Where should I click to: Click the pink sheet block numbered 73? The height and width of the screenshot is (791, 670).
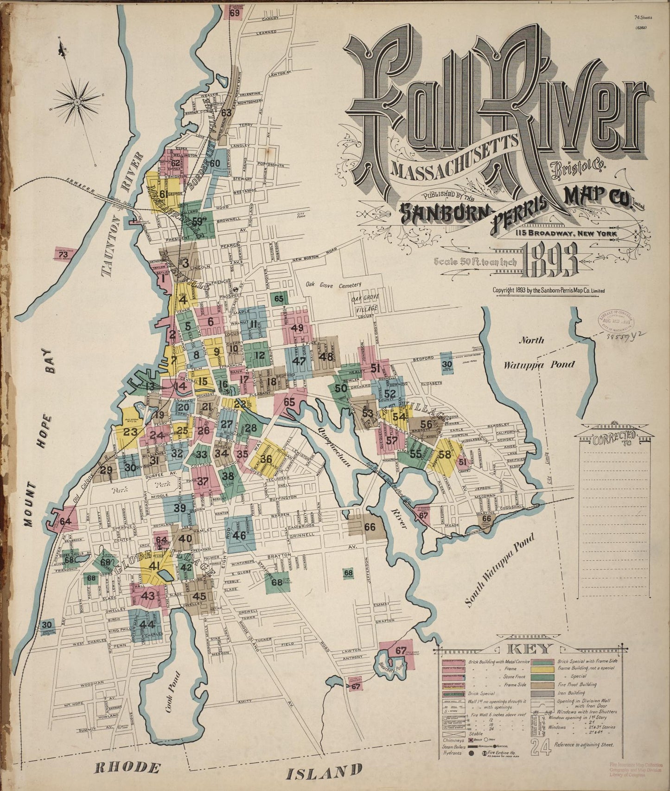[x=63, y=254]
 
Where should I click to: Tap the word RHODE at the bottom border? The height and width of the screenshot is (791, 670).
[x=126, y=767]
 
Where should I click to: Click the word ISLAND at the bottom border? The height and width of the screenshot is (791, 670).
[x=324, y=772]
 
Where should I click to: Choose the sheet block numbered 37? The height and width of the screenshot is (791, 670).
[x=203, y=481]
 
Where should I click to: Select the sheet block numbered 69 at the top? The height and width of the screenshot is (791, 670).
[x=234, y=13]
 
